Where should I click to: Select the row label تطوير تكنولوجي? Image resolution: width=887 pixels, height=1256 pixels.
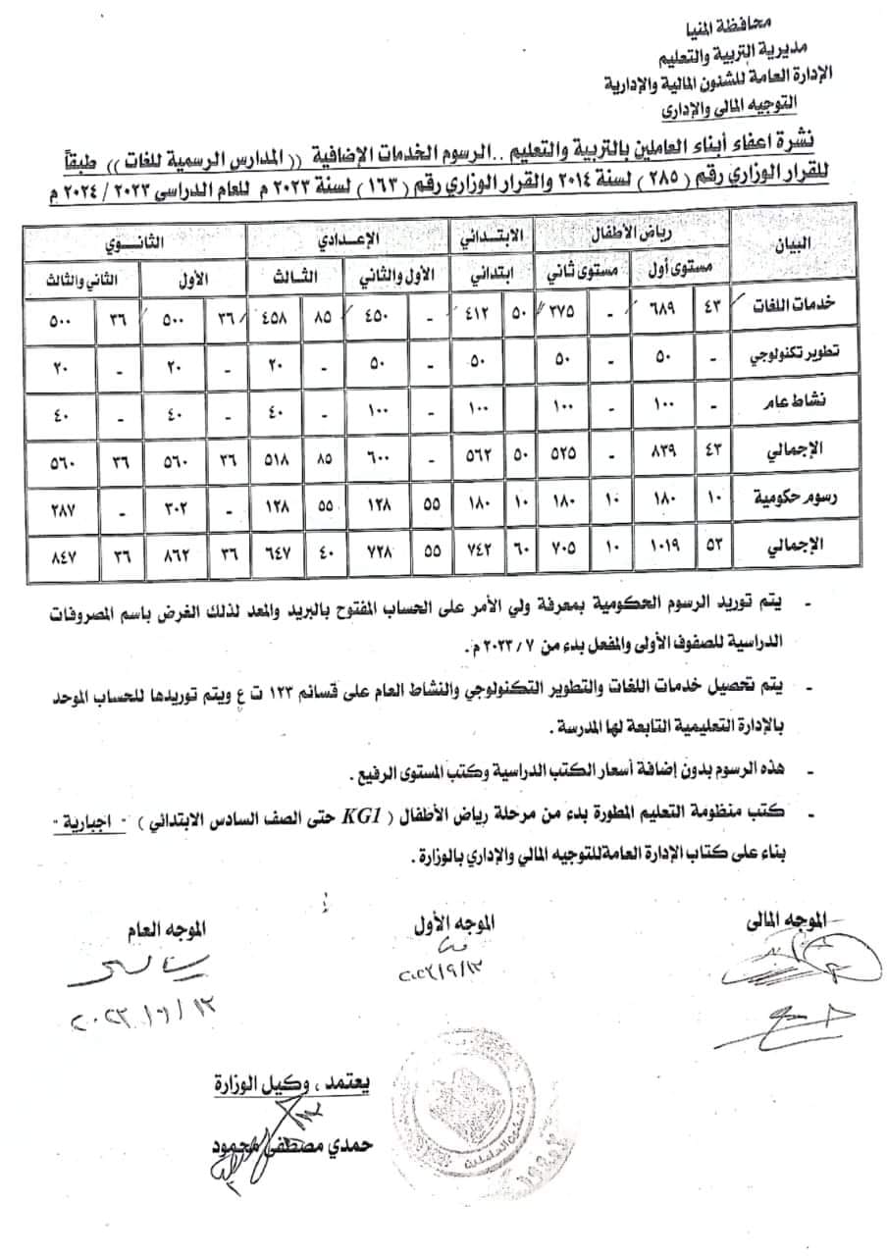788,359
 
